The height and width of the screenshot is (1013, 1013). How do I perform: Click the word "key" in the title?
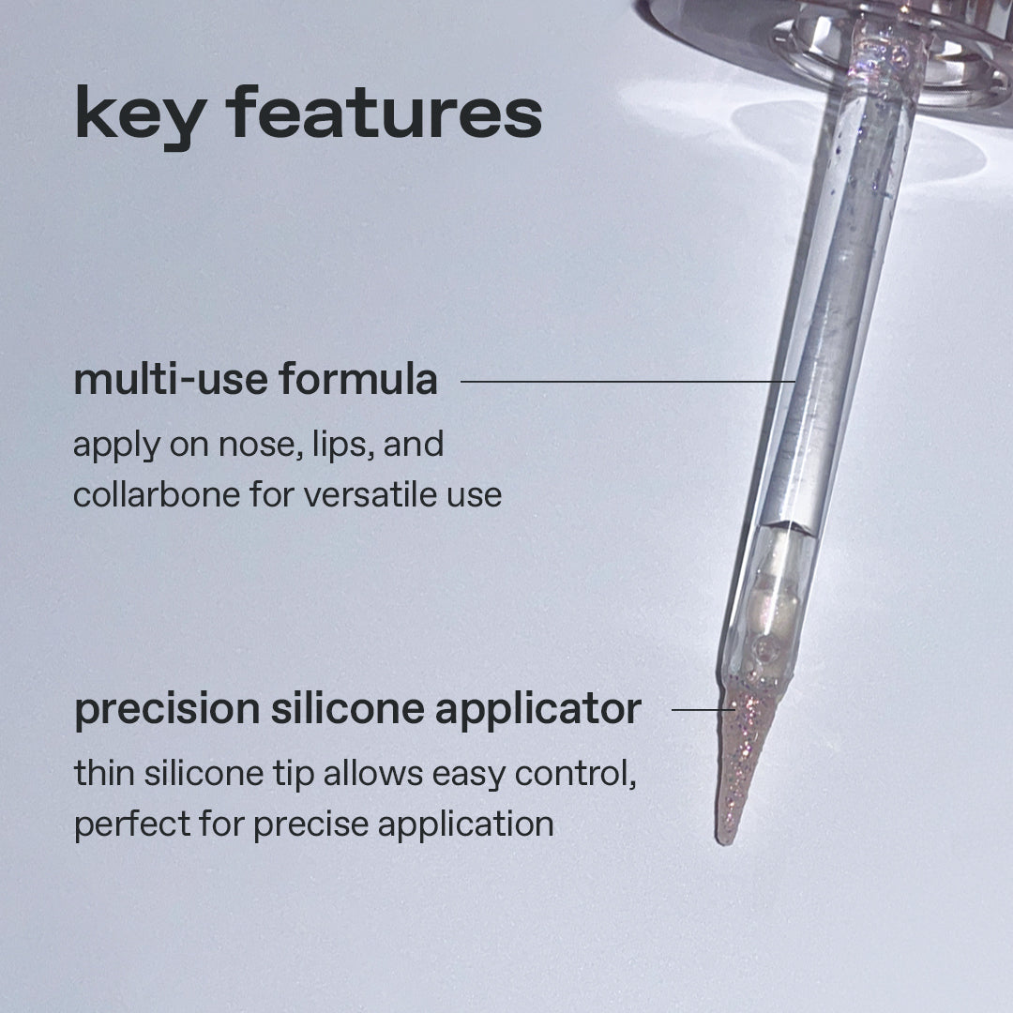coord(141,116)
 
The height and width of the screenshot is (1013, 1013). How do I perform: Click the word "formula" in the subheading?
coord(358,379)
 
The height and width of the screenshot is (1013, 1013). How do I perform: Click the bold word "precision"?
coord(167,711)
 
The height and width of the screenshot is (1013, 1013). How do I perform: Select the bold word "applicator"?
coord(538,711)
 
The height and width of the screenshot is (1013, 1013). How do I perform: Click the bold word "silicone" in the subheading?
coord(348,709)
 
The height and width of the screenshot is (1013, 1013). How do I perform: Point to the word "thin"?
coord(105,773)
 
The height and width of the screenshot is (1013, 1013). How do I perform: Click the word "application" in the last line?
coord(466,826)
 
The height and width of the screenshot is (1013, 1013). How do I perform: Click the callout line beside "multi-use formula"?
coord(627,381)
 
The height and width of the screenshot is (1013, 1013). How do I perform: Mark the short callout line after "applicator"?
coord(703,709)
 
